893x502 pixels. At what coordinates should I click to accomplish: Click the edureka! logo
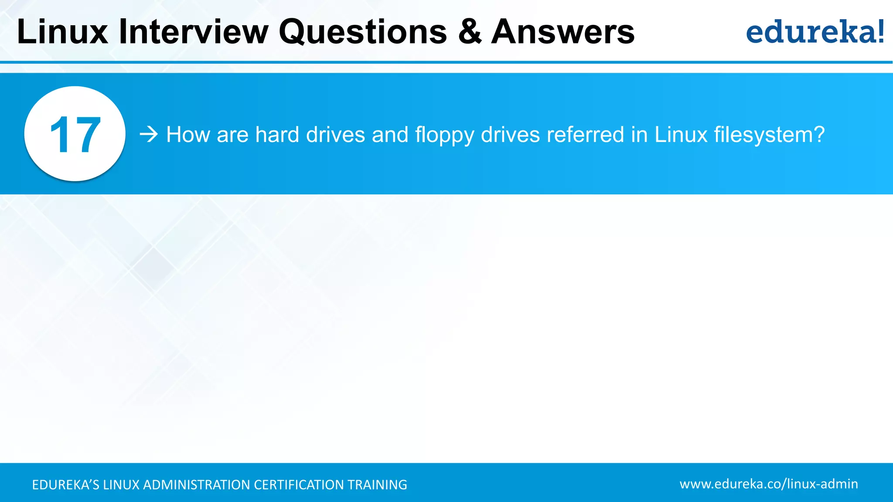[815, 32]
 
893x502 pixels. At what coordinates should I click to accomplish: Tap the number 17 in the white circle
[75, 135]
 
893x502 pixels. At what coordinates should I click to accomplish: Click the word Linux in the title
[62, 32]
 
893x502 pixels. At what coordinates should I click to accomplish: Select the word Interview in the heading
[194, 32]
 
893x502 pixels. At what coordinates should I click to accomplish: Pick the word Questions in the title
[363, 32]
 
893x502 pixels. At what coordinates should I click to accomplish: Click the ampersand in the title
[470, 32]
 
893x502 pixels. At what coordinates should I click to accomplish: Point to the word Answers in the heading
[563, 32]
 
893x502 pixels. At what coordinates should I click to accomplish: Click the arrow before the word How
[149, 134]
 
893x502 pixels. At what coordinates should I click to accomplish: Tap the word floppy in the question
[444, 135]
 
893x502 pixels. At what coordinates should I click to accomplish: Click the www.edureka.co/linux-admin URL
[769, 484]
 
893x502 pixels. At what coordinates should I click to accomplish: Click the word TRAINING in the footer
[377, 485]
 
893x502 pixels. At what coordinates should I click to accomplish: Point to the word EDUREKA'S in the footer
[65, 485]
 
